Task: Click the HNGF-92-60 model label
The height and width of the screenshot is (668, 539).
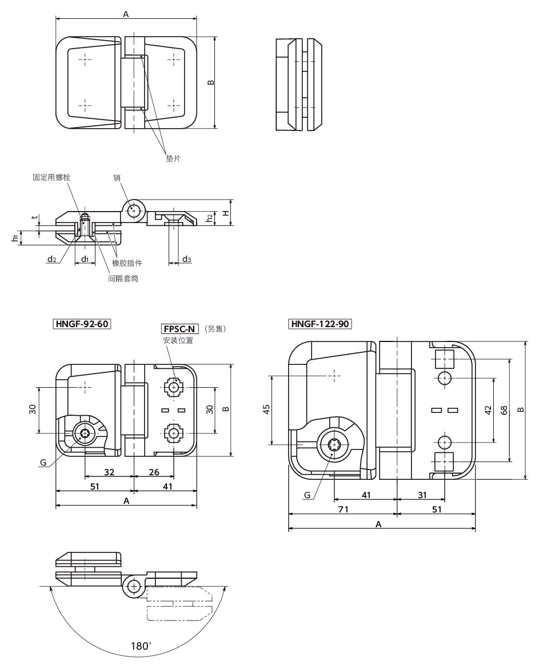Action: [x=82, y=324]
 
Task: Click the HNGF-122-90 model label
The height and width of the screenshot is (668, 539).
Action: [x=320, y=324]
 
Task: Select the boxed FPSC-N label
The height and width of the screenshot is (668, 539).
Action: [x=179, y=329]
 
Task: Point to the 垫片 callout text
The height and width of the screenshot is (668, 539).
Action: [x=173, y=158]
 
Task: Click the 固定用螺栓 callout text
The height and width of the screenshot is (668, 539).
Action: [x=51, y=178]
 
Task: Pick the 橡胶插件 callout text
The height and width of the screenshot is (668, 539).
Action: [x=127, y=263]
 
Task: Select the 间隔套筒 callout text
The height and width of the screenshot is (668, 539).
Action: [x=123, y=279]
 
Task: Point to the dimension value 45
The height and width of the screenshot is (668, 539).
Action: [x=266, y=409]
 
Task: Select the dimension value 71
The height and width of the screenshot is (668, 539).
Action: [x=343, y=509]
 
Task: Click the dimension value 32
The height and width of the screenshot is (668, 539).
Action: [x=109, y=472]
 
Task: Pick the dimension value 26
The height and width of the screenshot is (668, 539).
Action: [x=154, y=472]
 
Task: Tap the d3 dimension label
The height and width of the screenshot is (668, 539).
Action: [x=186, y=260]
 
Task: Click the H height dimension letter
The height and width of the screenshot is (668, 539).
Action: [x=226, y=212]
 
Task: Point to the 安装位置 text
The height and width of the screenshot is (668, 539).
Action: [x=178, y=341]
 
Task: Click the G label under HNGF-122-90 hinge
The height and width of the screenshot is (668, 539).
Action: [x=307, y=495]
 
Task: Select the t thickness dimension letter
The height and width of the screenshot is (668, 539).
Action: [x=34, y=217]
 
